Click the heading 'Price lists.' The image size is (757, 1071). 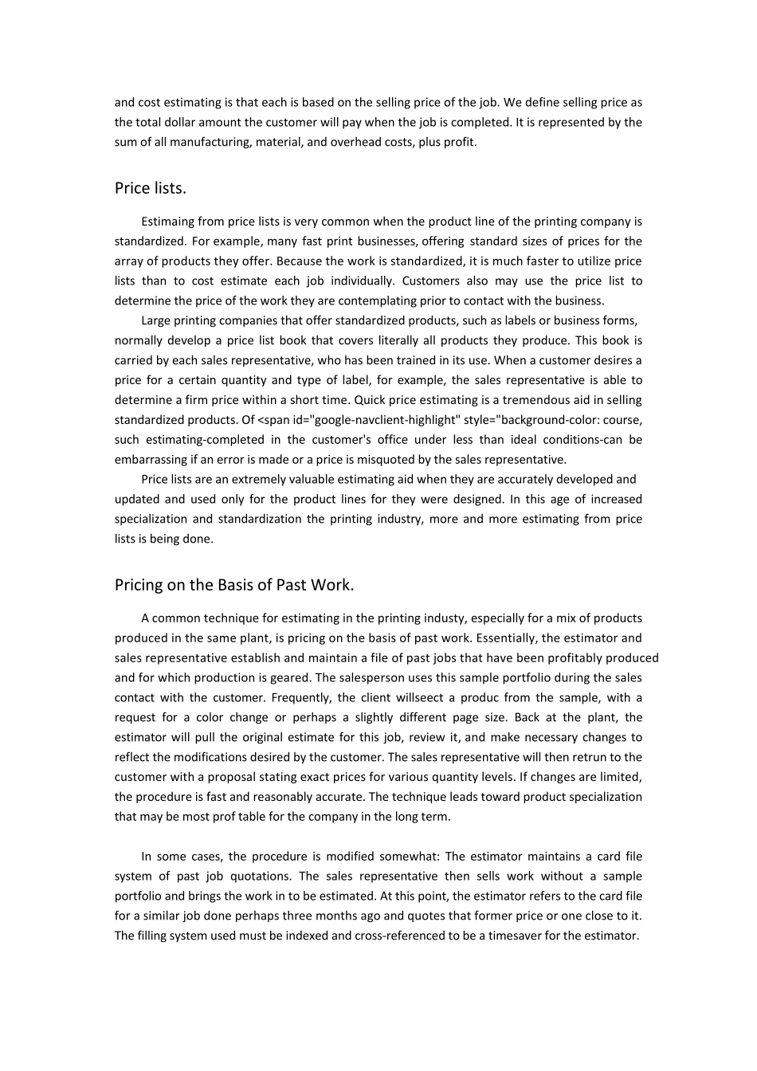(151, 188)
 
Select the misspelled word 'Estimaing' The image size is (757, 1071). (168, 222)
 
